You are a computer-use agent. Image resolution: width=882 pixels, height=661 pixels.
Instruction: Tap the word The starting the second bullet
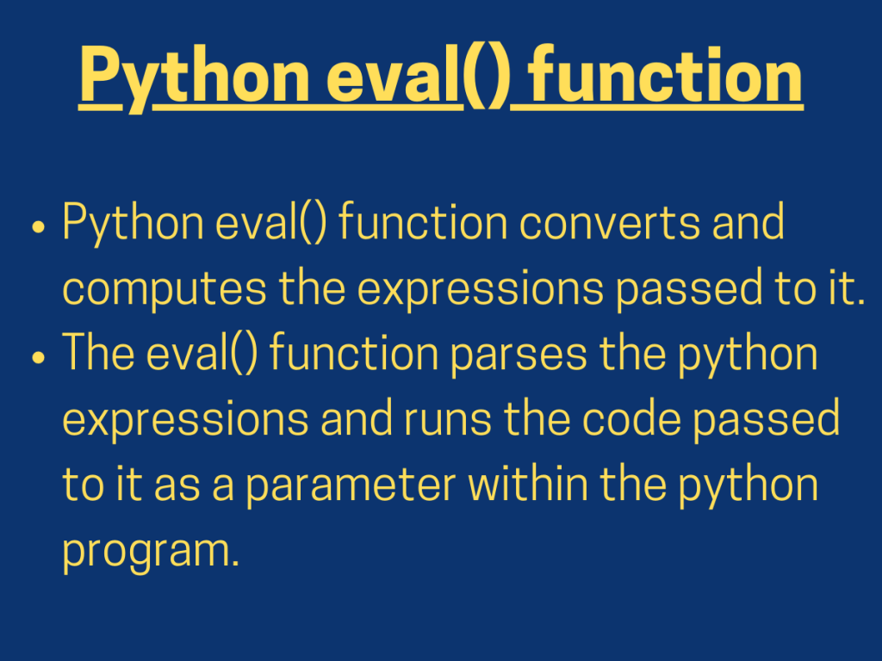pyautogui.click(x=94, y=354)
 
